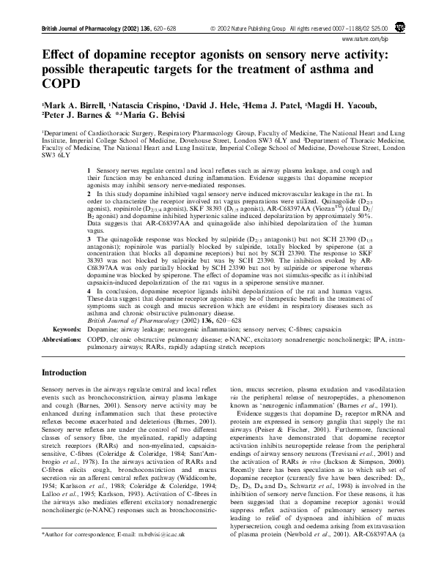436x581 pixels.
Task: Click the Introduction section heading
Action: click(70, 372)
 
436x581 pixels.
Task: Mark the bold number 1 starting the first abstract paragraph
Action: click(89, 170)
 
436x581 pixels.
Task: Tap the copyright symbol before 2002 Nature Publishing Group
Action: click(213, 28)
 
